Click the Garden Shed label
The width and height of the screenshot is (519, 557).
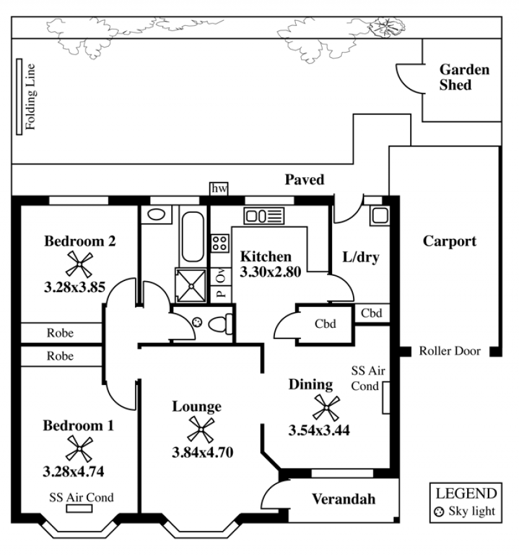(464, 77)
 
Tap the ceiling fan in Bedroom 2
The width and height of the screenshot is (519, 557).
(80, 264)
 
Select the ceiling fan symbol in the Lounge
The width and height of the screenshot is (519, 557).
(201, 430)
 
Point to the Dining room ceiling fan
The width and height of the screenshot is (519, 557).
(326, 408)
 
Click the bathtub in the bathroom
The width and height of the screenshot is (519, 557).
(193, 236)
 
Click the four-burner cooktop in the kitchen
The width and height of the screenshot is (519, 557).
(220, 243)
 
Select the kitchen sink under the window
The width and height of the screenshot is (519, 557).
(264, 216)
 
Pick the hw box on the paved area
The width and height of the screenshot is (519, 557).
(219, 189)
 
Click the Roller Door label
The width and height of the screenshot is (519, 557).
(450, 351)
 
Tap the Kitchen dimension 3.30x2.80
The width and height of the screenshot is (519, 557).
(271, 272)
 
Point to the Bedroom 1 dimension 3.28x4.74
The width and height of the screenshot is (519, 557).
(73, 472)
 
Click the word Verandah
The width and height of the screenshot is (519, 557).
(344, 499)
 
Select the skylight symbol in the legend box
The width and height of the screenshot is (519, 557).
(439, 512)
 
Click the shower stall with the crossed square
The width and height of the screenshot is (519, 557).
(191, 286)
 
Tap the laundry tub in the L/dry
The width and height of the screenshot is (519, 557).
(380, 216)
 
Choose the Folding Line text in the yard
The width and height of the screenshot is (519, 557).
(30, 97)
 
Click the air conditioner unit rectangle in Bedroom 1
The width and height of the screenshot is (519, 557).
(79, 509)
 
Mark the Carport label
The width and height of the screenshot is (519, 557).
(450, 241)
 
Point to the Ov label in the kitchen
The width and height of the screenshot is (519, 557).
(221, 276)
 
